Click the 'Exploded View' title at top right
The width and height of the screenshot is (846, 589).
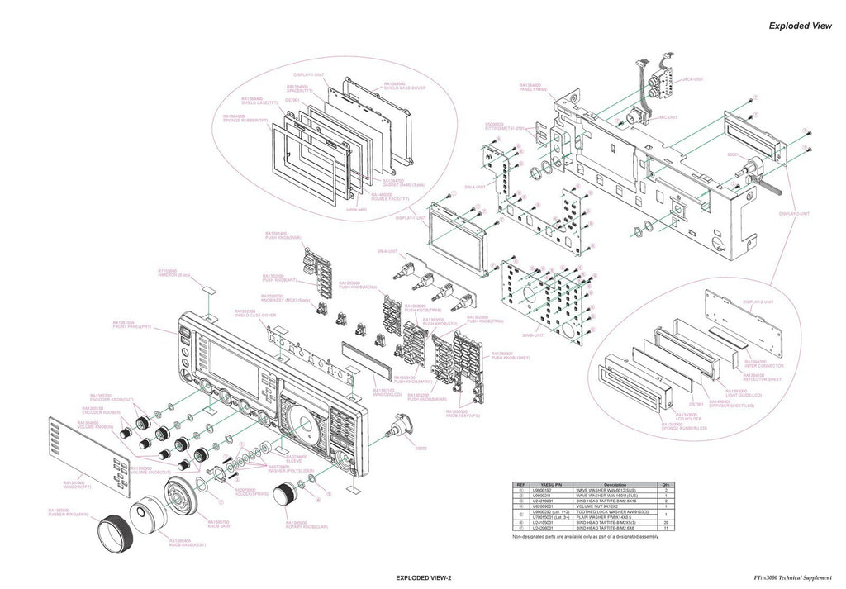point(799,26)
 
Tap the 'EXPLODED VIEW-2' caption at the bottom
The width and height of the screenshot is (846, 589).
point(423,577)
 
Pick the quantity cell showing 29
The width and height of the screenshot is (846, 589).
point(665,522)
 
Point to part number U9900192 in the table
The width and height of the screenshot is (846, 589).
point(551,491)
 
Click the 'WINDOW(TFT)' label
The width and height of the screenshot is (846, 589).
point(80,486)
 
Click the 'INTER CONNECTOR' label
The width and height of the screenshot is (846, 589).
point(762,364)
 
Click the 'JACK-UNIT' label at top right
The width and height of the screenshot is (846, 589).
point(692,79)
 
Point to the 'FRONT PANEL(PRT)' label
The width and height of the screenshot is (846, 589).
point(131,327)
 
